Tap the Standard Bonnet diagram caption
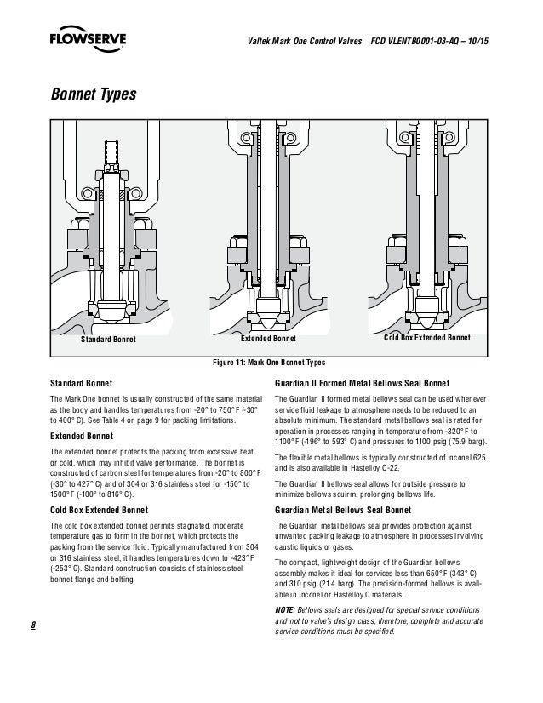(x=108, y=339)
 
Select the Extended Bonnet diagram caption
(x=268, y=339)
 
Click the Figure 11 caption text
(x=268, y=362)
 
